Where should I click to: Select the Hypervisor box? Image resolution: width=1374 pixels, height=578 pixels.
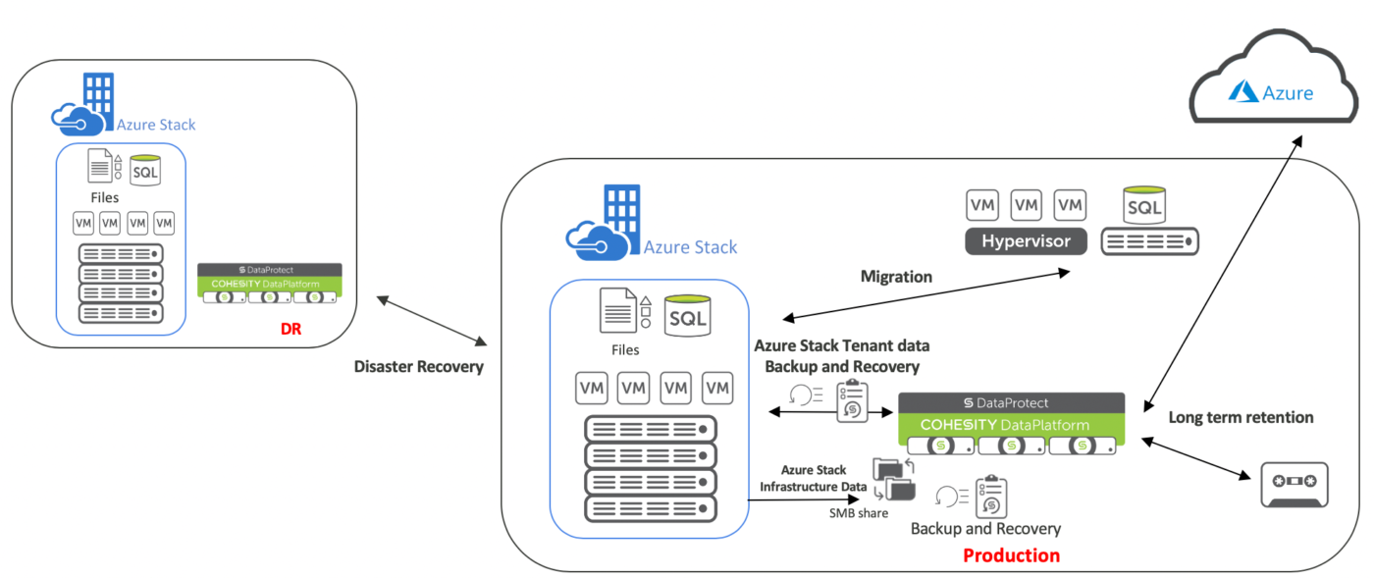coord(1028,241)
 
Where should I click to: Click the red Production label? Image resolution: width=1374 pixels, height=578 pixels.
coord(1011,555)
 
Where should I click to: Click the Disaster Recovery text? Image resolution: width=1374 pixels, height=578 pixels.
coord(419,366)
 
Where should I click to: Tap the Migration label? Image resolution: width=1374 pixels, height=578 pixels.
coord(895,277)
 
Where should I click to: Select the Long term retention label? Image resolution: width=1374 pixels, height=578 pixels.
coord(1241,417)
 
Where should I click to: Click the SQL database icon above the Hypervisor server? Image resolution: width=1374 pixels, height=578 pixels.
coord(1144,206)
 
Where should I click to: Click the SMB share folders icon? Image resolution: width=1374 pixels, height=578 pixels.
coord(893,479)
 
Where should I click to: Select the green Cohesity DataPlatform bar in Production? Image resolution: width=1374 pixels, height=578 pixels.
coord(1011,424)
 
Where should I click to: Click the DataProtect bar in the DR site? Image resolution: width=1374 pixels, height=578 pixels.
coord(269,269)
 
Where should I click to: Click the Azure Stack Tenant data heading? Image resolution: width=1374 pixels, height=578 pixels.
coord(841,345)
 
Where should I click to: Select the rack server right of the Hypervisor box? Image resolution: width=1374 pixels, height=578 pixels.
coord(1149,241)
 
